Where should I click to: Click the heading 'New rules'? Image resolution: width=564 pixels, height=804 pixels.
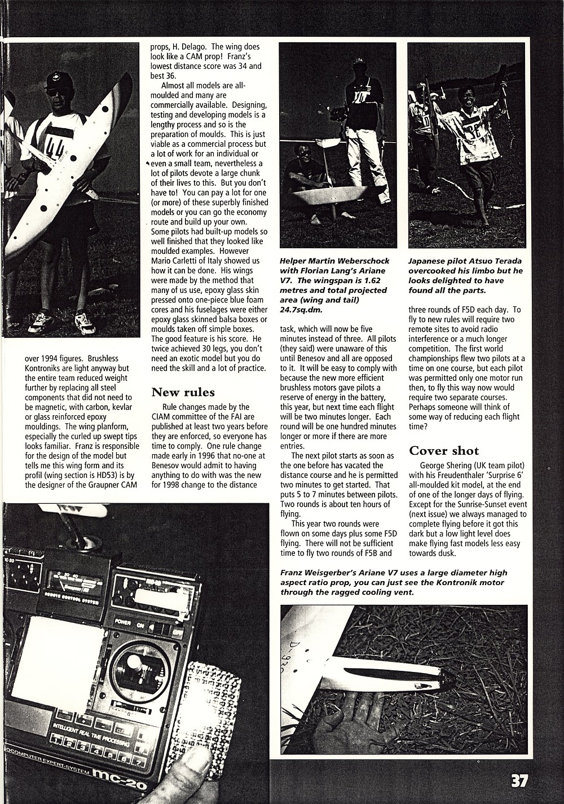(x=183, y=392)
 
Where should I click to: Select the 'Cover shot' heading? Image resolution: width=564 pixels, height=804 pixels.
(x=444, y=450)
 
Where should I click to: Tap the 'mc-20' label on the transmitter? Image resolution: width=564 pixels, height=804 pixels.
(x=116, y=780)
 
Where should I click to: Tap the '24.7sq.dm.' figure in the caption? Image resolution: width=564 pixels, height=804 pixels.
(x=305, y=309)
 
